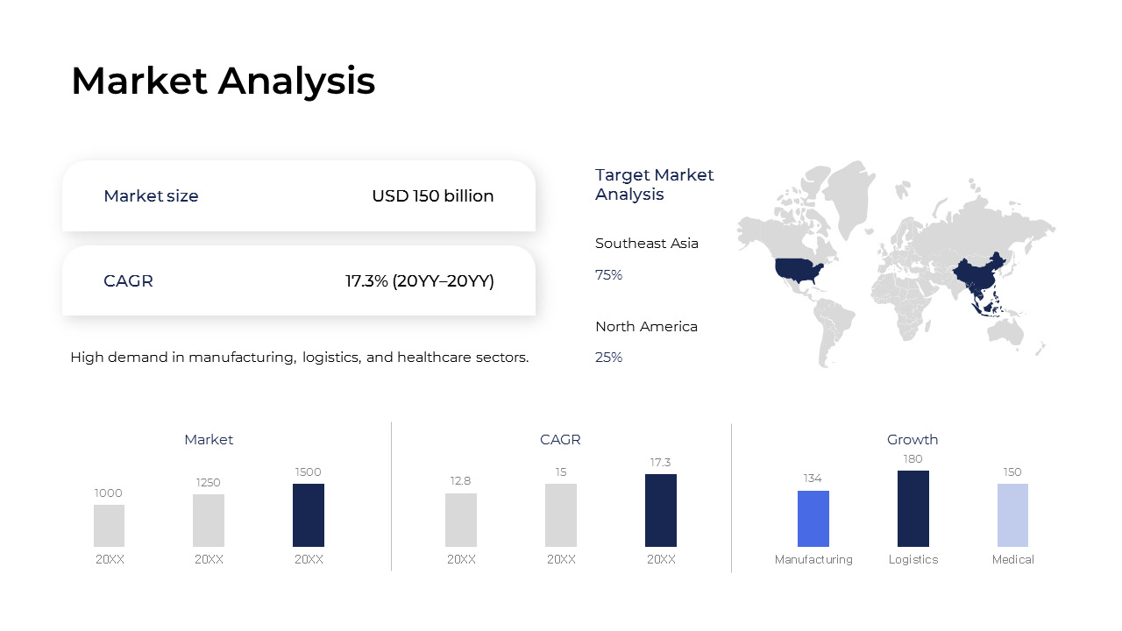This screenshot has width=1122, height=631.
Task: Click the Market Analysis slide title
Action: point(223,81)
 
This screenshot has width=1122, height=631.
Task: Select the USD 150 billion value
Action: point(432,196)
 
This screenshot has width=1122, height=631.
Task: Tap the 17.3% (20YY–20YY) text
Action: point(419,281)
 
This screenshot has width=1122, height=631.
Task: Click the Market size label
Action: point(151,196)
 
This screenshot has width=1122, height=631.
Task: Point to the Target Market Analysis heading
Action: point(654,185)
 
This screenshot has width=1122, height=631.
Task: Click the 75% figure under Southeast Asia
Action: point(608,275)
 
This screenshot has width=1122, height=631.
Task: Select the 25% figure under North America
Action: point(608,358)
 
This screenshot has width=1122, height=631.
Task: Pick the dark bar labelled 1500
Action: point(309,515)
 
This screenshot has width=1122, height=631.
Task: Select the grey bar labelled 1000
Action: point(109,526)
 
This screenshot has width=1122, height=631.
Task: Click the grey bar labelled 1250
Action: point(209,521)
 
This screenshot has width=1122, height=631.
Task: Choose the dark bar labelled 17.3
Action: point(661,510)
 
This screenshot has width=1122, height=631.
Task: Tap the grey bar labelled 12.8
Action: point(461,520)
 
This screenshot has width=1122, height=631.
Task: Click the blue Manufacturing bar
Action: point(813,519)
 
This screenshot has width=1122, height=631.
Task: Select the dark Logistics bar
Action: point(913,508)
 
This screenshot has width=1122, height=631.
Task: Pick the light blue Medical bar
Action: point(1012,515)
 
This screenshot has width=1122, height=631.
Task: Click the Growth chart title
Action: point(913,440)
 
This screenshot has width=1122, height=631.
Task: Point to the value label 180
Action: point(913,459)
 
